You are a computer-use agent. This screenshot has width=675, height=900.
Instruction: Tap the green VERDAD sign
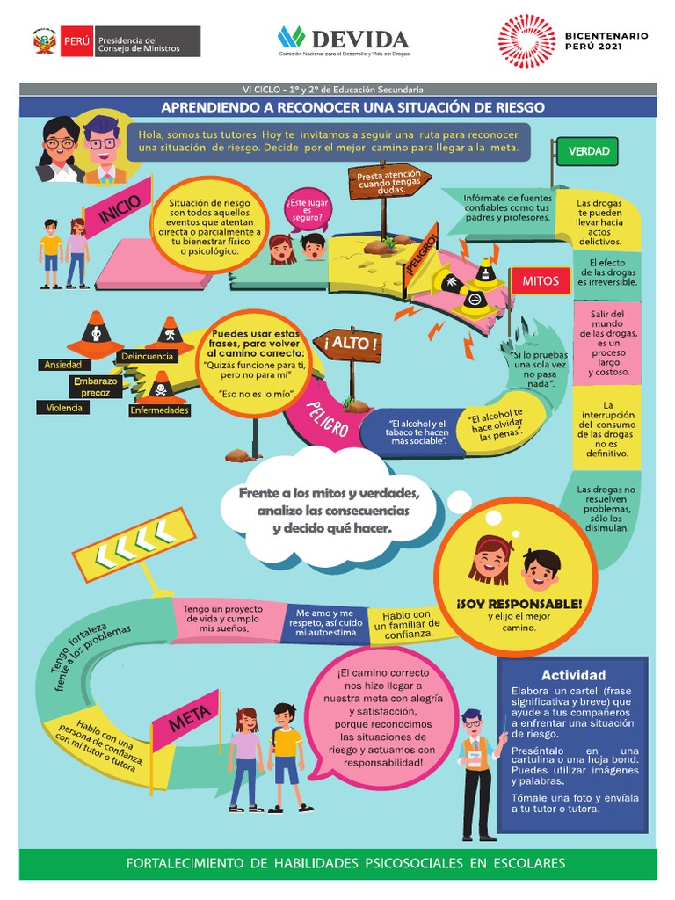tap(588, 151)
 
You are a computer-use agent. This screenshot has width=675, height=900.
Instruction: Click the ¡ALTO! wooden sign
tap(353, 344)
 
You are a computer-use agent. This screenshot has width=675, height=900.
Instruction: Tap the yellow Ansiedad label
tap(62, 365)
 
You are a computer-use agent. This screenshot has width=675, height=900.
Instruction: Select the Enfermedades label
tap(159, 410)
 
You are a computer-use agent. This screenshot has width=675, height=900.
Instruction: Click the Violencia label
tap(63, 408)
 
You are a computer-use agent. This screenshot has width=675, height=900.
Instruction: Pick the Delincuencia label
tap(147, 356)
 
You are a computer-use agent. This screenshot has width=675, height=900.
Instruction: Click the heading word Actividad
tap(573, 675)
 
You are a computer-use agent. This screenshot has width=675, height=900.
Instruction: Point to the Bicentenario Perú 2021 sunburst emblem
tap(526, 40)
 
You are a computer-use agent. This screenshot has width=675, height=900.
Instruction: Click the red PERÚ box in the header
tap(76, 41)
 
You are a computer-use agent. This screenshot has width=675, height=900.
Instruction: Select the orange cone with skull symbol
tap(160, 385)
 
